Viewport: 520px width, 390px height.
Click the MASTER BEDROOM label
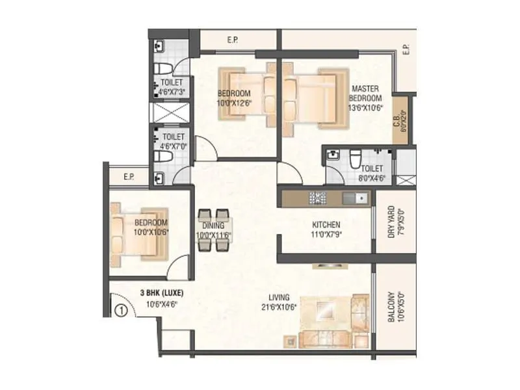click(x=366, y=92)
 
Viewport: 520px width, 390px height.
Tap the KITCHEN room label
click(x=326, y=224)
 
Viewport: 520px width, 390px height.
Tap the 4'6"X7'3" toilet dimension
click(x=172, y=92)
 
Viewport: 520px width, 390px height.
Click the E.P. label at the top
click(x=232, y=40)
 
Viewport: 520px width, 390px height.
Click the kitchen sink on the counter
click(x=354, y=197)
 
